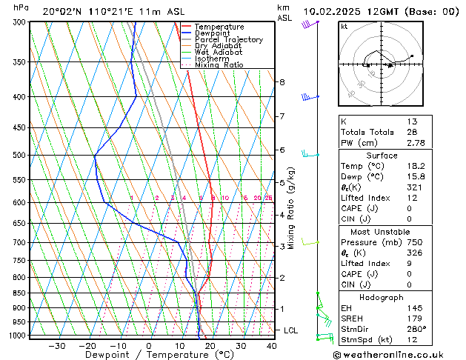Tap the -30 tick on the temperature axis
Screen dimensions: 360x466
click(56, 345)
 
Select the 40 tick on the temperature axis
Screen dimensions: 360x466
click(271, 345)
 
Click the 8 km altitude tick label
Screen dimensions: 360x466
click(282, 81)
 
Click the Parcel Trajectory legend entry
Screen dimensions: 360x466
click(228, 39)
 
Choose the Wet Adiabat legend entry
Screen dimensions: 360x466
click(220, 52)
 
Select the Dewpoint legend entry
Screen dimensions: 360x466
click(214, 33)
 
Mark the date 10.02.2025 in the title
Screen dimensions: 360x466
click(333, 11)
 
